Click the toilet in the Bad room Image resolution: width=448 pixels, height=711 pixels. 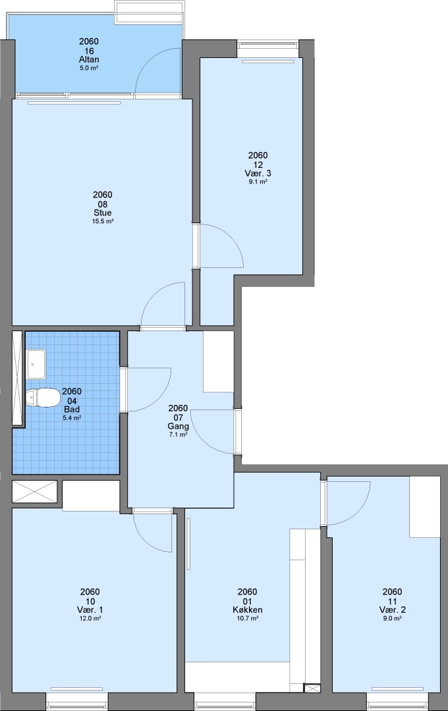43,397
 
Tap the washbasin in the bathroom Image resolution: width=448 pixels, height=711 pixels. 36,364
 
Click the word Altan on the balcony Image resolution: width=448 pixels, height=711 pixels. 88,59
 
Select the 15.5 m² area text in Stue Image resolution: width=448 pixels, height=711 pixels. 103,221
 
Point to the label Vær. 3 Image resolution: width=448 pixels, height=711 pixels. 258,173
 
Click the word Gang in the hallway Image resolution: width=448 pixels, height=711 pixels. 178,426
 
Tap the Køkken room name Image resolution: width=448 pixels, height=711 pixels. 247,610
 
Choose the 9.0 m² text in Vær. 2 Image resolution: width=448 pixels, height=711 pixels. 392,618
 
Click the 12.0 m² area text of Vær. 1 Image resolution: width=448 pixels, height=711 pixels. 90,618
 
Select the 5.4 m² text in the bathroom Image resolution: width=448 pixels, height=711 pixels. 72,418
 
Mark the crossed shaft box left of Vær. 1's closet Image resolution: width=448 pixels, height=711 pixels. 34,492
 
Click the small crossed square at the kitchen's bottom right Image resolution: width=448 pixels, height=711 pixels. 312,689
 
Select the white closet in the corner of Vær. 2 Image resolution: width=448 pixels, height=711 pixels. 425,506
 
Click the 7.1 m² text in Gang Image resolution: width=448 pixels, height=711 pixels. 178,434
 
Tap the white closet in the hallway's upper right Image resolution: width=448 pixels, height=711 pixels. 218,361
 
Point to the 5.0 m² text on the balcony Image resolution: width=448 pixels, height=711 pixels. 89,68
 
